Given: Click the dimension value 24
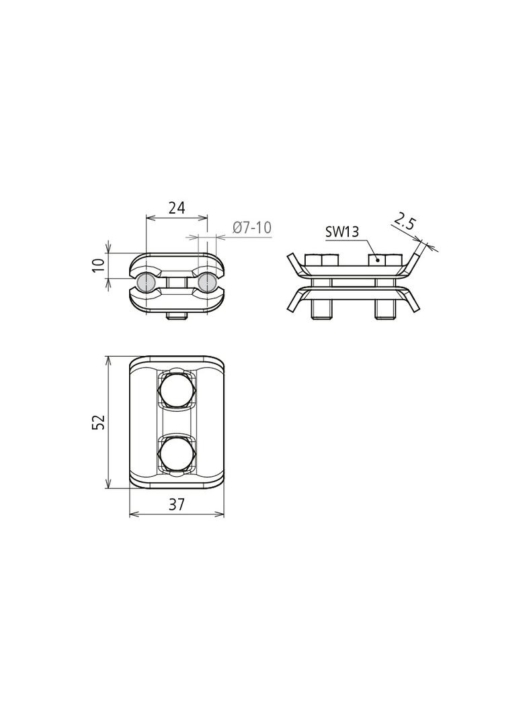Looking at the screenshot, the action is point(176,208).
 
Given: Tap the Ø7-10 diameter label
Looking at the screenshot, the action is point(252,228).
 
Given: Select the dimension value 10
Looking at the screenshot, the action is point(99,265).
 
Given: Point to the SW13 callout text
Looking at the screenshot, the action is point(342,232).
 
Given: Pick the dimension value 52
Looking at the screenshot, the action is point(99,421).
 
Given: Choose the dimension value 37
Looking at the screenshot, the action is point(176,504).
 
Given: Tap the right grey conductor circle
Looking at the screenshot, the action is point(207,283).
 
